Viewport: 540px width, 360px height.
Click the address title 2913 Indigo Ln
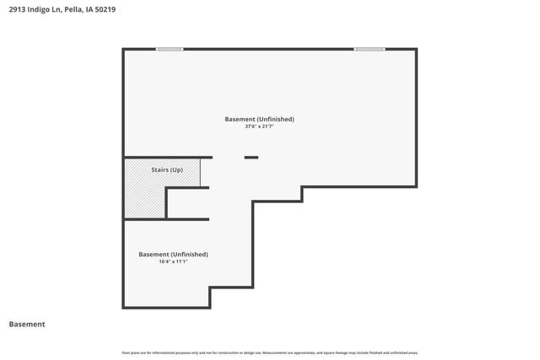(57, 9)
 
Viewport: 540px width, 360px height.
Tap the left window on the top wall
(170, 49)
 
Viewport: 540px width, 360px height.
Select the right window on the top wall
(370, 49)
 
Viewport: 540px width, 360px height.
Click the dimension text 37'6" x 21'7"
(259, 127)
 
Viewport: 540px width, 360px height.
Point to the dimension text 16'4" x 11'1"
(173, 261)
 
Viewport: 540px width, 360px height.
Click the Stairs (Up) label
(167, 170)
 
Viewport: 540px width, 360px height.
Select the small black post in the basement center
(251, 157)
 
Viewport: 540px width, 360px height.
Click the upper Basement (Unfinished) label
(259, 119)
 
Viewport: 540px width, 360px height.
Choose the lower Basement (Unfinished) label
(173, 254)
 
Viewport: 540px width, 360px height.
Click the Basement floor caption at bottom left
(27, 324)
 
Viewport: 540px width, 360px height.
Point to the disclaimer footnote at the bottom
(269, 352)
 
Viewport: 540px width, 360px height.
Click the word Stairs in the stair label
(159, 170)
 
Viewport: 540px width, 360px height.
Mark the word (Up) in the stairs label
(176, 170)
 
